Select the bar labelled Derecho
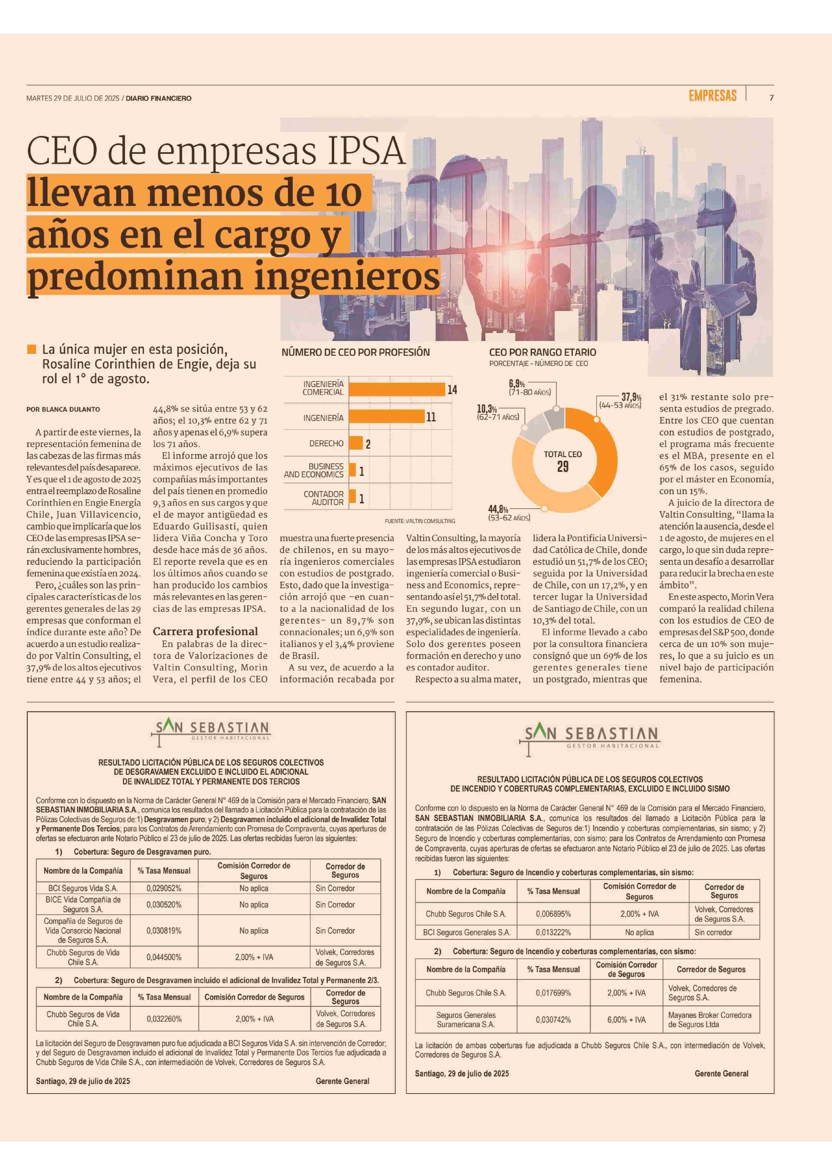tap(356, 443)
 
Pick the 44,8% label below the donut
tap(498, 510)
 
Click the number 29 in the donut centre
tap(563, 466)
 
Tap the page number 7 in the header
tap(772, 98)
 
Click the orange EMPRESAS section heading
tap(712, 96)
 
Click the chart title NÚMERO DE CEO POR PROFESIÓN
tap(356, 352)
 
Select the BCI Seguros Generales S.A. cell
tap(466, 932)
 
